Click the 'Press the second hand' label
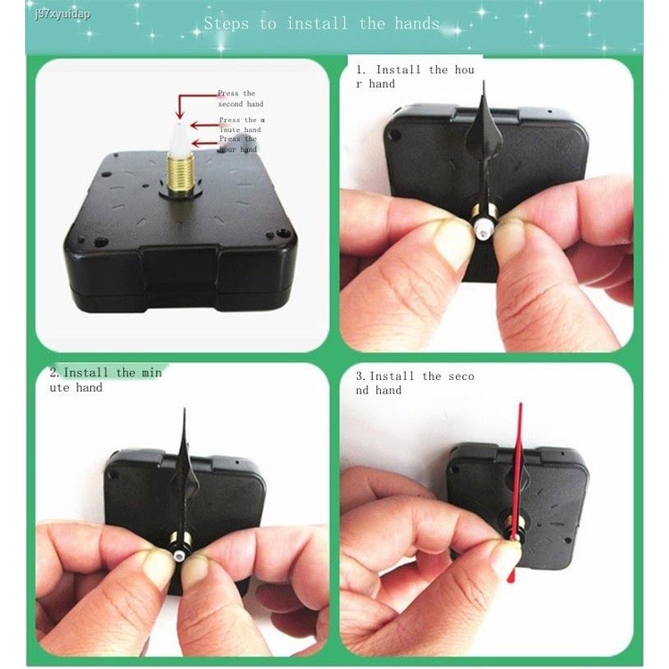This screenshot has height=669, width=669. pyautogui.click(x=236, y=98)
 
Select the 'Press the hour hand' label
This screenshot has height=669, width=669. pyautogui.click(x=237, y=144)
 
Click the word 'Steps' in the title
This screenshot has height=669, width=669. pyautogui.click(x=227, y=24)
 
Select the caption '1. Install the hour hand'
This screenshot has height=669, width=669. pyautogui.click(x=415, y=77)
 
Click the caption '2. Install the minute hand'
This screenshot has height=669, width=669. pyautogui.click(x=105, y=380)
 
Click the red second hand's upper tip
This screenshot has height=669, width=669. pyautogui.click(x=520, y=405)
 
